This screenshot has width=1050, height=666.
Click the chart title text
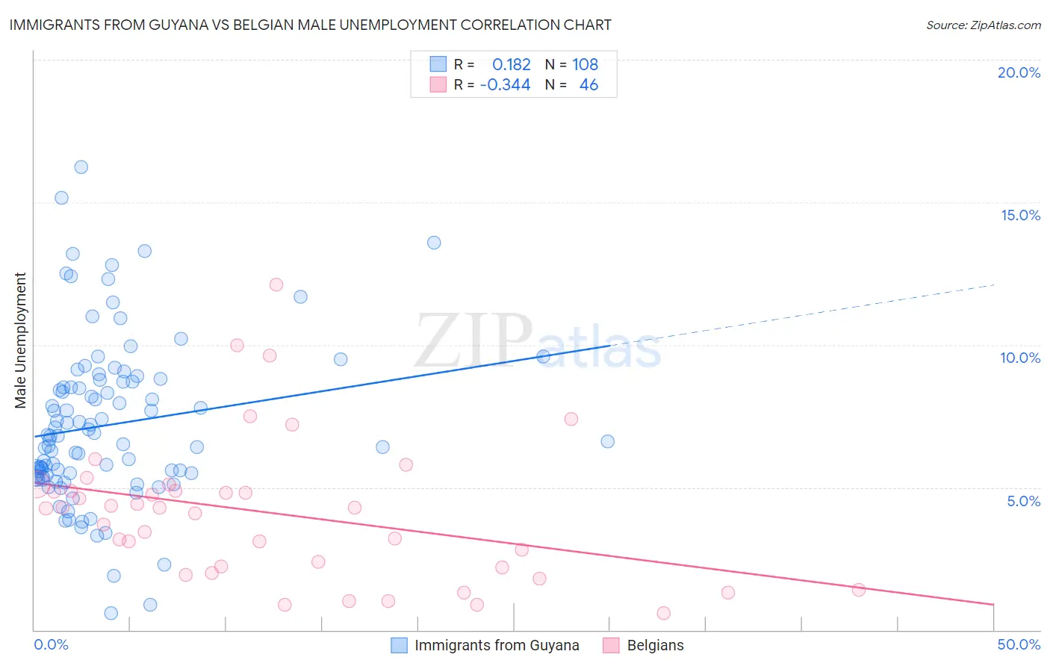(x=310, y=25)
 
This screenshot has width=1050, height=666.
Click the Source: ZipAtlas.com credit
(x=983, y=25)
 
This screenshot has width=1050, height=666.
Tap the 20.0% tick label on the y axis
(x=1019, y=72)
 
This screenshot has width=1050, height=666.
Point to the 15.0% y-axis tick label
(x=1020, y=215)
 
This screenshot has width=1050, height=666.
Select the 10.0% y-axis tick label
(x=1020, y=358)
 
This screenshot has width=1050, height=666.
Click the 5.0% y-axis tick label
(x=1023, y=501)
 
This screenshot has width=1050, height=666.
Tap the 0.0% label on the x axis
(x=51, y=644)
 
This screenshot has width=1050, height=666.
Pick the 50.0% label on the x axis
(x=1019, y=644)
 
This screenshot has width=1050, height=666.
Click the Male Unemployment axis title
(x=20, y=340)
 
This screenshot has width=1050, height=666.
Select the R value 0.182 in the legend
(x=511, y=64)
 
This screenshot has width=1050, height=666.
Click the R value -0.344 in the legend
(x=505, y=85)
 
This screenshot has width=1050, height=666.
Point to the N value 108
(x=585, y=64)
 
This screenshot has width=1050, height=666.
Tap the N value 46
(x=588, y=85)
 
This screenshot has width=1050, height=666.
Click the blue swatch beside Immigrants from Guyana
(x=400, y=645)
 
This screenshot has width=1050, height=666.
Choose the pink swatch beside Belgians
(x=612, y=645)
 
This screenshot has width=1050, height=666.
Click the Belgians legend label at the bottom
(x=655, y=645)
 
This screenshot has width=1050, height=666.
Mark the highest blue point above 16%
(x=81, y=167)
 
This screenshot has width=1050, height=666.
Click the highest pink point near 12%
(x=276, y=284)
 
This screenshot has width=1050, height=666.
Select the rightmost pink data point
(x=859, y=590)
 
